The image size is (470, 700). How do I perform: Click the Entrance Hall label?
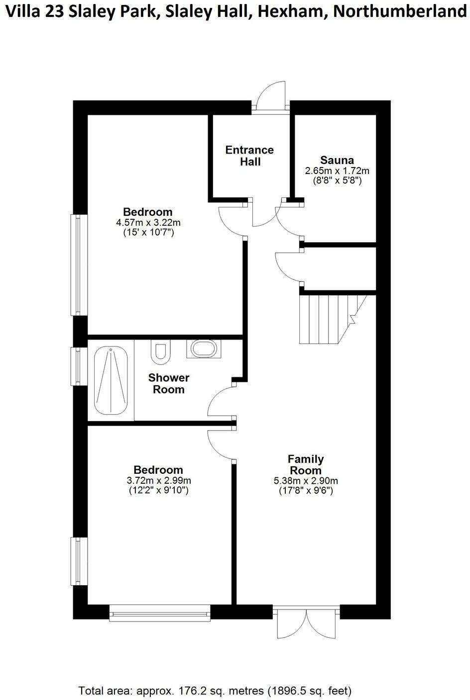tap(249, 156)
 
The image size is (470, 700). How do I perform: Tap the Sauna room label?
tap(337, 160)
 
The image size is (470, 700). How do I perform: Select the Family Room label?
tap(306, 464)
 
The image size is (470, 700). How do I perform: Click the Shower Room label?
tap(169, 383)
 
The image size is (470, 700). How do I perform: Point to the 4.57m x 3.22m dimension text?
tap(147, 222)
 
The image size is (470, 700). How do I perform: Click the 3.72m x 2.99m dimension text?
tap(159, 480)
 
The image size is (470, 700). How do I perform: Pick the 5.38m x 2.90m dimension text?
tap(306, 481)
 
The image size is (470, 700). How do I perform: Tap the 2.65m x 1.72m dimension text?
tap(337, 171)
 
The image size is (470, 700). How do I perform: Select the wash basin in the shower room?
tap(203, 349)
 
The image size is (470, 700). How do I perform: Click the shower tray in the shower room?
tap(110, 380)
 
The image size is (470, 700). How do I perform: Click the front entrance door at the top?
tap(270, 97)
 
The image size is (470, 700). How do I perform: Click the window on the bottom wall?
tap(160, 613)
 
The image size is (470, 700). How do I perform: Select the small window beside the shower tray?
tap(77, 366)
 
